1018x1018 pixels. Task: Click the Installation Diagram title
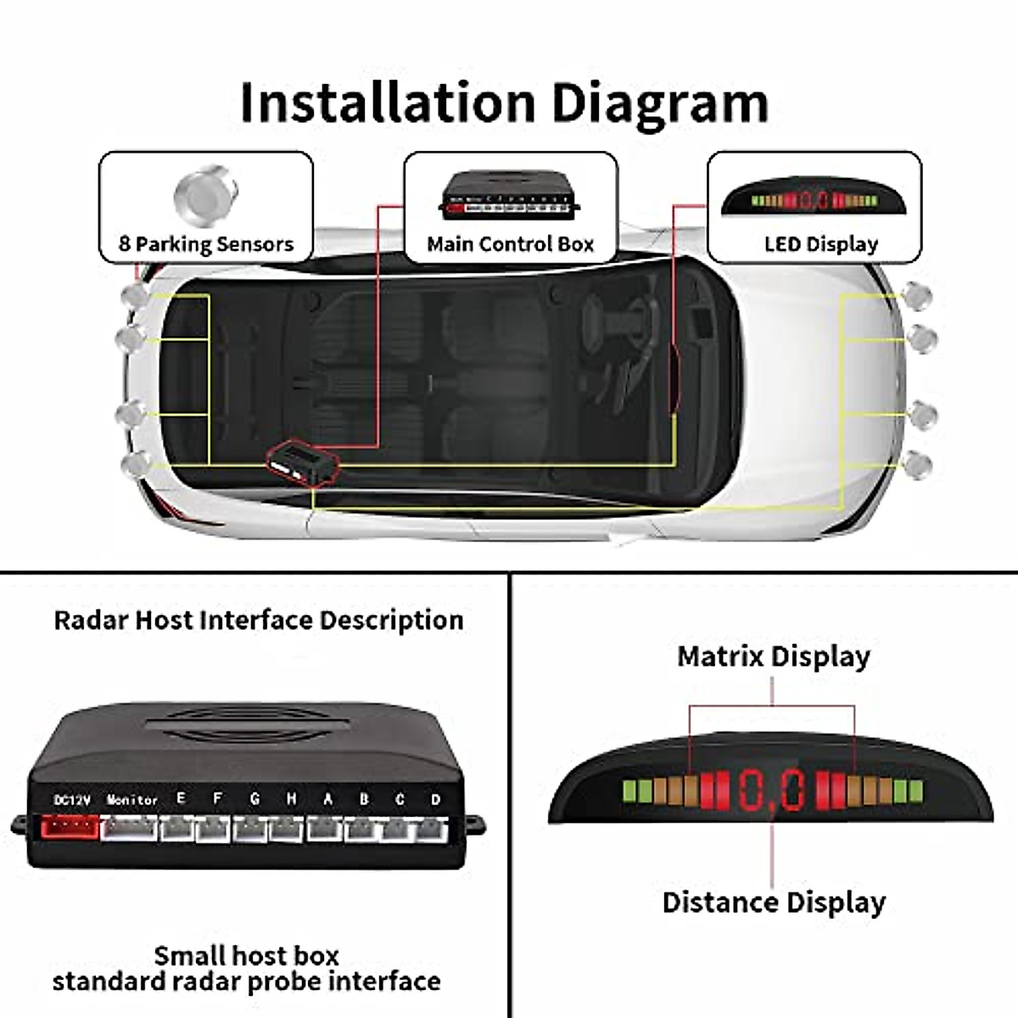click(504, 103)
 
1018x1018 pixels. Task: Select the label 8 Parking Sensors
click(206, 244)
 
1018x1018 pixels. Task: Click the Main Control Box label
click(510, 244)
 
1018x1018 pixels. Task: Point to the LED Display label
click(820, 244)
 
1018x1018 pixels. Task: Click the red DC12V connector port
click(65, 827)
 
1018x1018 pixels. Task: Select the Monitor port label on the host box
click(131, 799)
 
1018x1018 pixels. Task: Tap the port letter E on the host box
click(180, 798)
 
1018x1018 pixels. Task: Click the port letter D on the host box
click(435, 799)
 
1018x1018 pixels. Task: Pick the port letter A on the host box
click(327, 799)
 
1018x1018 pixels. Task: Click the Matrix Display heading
click(773, 657)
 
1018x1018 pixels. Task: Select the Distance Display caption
click(773, 902)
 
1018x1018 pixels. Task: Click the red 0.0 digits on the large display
click(771, 791)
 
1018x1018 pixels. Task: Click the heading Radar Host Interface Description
click(258, 620)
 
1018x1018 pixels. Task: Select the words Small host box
click(246, 955)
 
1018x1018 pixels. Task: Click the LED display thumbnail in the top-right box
click(814, 199)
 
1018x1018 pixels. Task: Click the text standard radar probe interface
click(246, 982)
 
